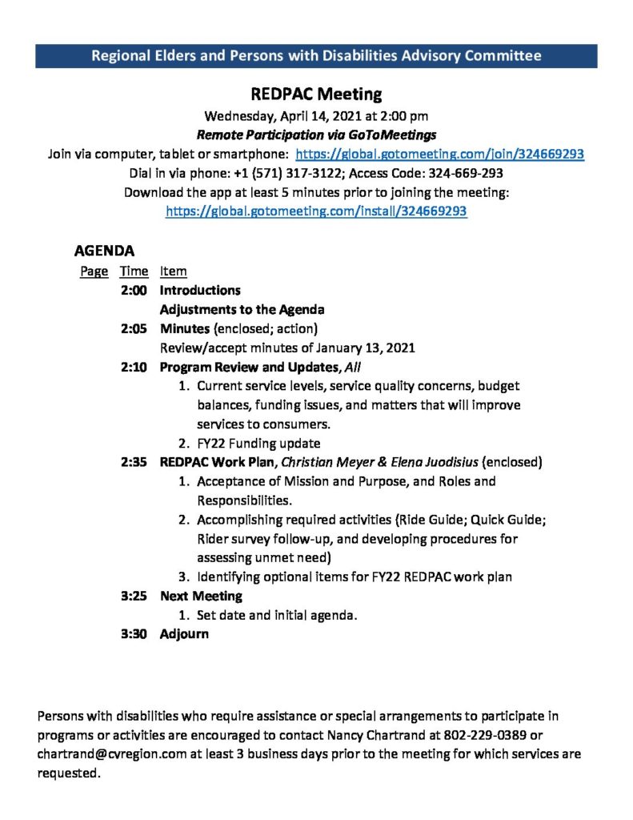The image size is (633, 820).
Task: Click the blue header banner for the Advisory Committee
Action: [316, 55]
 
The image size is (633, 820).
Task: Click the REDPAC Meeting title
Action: [316, 94]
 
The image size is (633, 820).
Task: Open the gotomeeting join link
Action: [439, 154]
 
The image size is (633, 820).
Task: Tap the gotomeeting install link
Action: [316, 211]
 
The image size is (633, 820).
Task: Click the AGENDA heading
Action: [104, 250]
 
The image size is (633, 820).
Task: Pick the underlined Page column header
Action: [94, 271]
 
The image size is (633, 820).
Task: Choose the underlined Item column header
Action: [173, 271]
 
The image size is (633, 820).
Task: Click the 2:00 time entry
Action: [134, 290]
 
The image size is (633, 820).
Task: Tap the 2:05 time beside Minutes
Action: [134, 328]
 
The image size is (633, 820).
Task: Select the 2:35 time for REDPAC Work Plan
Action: [134, 462]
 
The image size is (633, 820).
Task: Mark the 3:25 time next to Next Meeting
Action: [134, 596]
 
